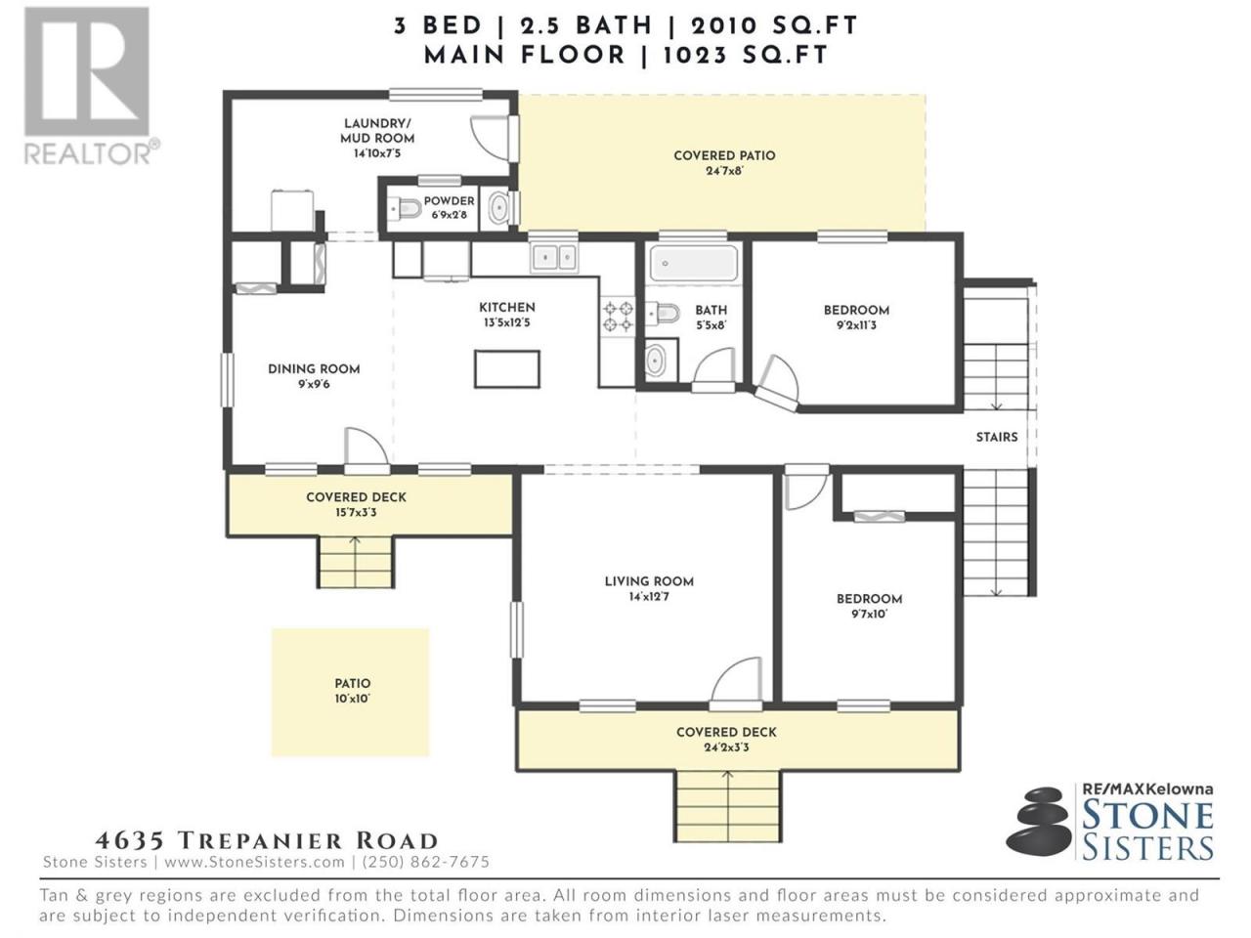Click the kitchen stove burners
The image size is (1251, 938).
pos(619,317)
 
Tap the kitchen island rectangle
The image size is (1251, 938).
pos(507,369)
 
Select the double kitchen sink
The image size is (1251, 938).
pos(554,259)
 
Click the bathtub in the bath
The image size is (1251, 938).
pos(694,263)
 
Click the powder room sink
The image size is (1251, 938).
pos(499,208)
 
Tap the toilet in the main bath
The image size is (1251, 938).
pos(664,314)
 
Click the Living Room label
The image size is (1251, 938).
pos(649,581)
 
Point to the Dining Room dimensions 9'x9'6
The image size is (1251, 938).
pos(314,384)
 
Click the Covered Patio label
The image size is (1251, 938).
pos(724,155)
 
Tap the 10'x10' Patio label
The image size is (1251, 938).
pos(352,699)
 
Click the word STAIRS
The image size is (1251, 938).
pos(997,437)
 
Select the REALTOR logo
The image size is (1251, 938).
pos(91,86)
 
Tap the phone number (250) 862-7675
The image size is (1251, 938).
pos(426,862)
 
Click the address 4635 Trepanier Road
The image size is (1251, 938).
pos(267,840)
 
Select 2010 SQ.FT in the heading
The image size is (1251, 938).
pos(774,25)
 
